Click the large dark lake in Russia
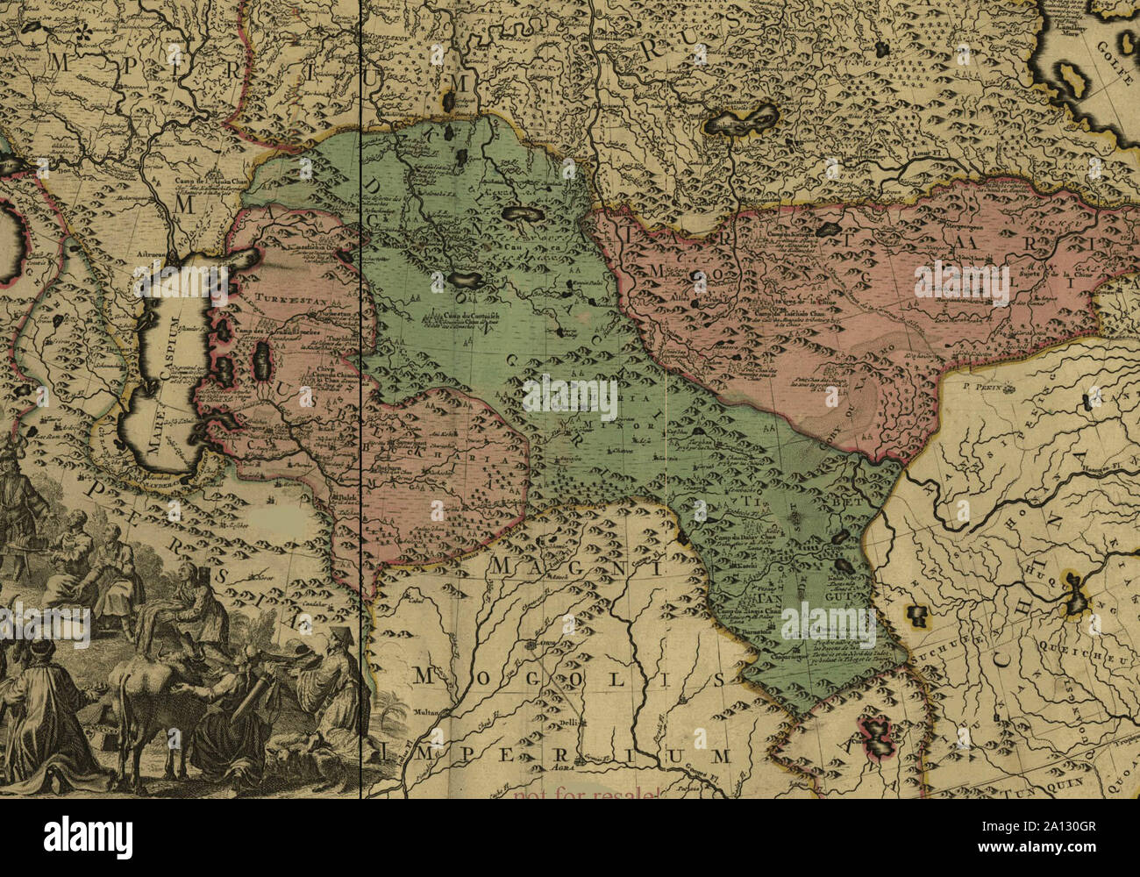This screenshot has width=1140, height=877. tap(742, 120)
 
